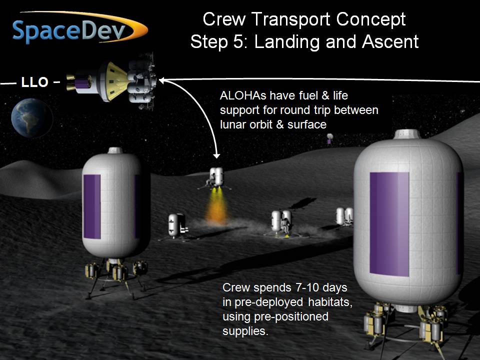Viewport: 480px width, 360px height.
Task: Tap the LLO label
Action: (x=34, y=82)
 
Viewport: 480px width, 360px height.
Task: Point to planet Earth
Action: (x=31, y=118)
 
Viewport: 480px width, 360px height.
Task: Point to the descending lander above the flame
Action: (x=215, y=178)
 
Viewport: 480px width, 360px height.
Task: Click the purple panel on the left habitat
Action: (x=92, y=206)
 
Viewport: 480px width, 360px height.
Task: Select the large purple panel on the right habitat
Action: (x=389, y=224)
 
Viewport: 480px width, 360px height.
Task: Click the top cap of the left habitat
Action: (x=115, y=150)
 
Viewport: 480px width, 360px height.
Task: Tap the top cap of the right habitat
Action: (x=406, y=134)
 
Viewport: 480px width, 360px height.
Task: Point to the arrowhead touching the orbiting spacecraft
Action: (x=161, y=80)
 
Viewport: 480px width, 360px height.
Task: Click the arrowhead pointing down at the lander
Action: (x=216, y=156)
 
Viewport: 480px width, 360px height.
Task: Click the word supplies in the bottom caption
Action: (x=245, y=331)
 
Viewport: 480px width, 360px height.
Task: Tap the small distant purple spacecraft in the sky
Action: (x=329, y=138)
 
